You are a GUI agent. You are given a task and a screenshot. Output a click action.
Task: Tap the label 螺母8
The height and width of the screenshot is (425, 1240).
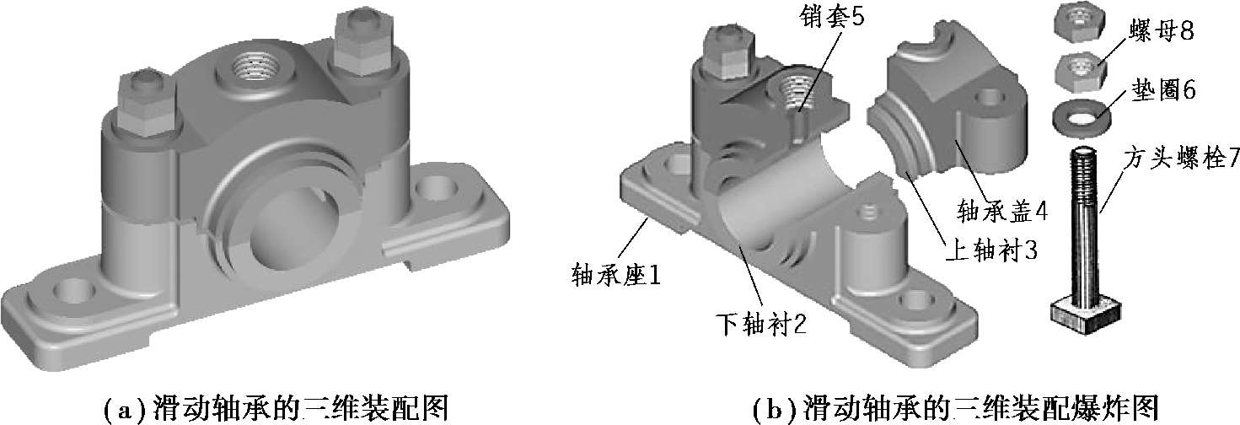point(1159,35)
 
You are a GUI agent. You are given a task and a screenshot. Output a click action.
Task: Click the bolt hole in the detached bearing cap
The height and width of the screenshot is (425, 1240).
point(985,99)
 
